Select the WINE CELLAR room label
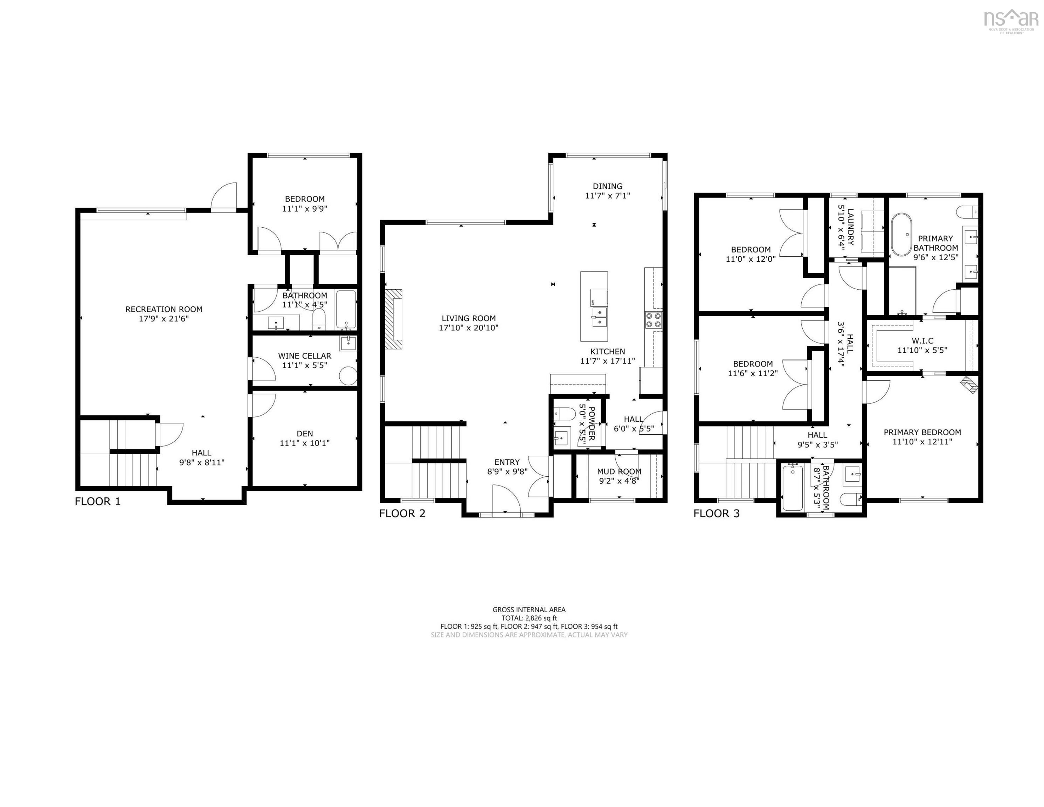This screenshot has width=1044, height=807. coord(304,356)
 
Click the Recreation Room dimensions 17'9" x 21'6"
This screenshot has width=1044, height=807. coord(164,318)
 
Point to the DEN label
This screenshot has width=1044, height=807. coord(304,434)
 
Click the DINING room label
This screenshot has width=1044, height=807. coord(608,186)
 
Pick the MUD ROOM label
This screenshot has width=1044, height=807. coord(619,471)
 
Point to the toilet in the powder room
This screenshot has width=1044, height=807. coord(564,413)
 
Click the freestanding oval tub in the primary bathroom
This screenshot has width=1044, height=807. coord(901,235)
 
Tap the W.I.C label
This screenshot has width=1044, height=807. coord(922,341)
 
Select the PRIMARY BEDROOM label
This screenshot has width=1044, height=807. coord(922,432)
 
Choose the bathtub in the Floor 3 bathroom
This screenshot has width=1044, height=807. coord(793,488)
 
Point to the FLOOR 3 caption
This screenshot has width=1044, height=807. coord(716,513)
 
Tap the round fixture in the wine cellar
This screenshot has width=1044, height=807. coord(348,376)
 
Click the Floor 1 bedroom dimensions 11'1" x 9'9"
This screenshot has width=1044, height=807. coord(304,208)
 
